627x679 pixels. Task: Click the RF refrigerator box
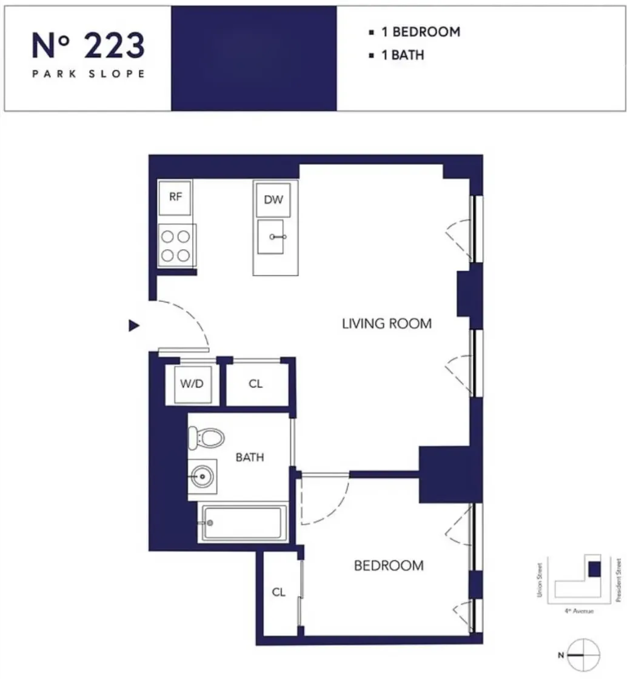pos(175,198)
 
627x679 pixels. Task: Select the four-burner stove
pos(176,246)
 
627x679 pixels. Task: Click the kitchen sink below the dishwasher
pos(270,236)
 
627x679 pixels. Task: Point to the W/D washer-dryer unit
pos(193,384)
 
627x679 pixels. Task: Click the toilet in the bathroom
pos(206,436)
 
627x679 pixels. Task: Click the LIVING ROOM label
pos(387,323)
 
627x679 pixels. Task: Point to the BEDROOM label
pos(388,566)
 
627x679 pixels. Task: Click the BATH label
pos(250,457)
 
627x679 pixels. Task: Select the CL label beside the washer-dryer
pos(256,384)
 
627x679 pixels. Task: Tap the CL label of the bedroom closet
pos(278,592)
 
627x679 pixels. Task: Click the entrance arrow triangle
pos(134,326)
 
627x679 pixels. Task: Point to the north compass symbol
pos(585,655)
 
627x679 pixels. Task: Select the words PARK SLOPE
pos(89,74)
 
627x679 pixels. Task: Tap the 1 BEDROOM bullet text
pos(420,32)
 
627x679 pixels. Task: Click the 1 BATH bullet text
pos(402,55)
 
